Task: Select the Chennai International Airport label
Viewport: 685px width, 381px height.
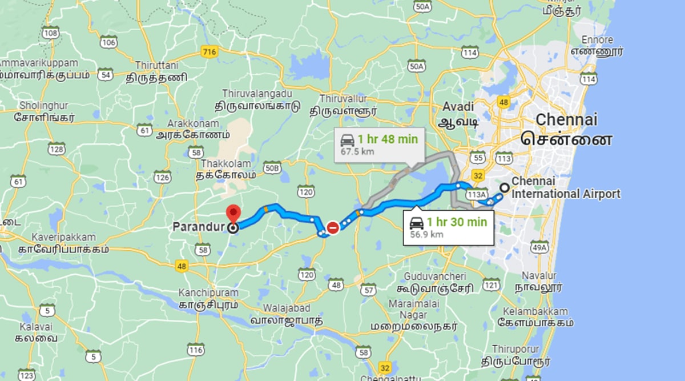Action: point(565,188)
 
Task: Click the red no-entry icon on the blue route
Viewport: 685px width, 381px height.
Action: point(332,227)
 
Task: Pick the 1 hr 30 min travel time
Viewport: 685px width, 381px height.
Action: point(457,222)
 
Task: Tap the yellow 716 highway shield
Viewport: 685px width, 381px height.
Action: point(209,52)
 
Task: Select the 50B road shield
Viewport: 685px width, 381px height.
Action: point(273,167)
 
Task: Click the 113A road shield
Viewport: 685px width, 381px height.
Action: point(476,195)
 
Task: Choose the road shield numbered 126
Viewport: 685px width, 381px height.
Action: point(162,177)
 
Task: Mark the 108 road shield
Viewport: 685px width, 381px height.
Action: point(51,33)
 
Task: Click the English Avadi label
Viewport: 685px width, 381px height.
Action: point(458,107)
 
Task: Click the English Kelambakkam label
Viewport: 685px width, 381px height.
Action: point(535,311)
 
